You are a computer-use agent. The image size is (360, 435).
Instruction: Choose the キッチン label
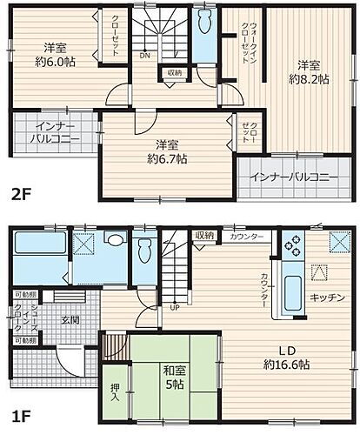(330, 298)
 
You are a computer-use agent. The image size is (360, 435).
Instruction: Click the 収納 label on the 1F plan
(204, 236)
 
